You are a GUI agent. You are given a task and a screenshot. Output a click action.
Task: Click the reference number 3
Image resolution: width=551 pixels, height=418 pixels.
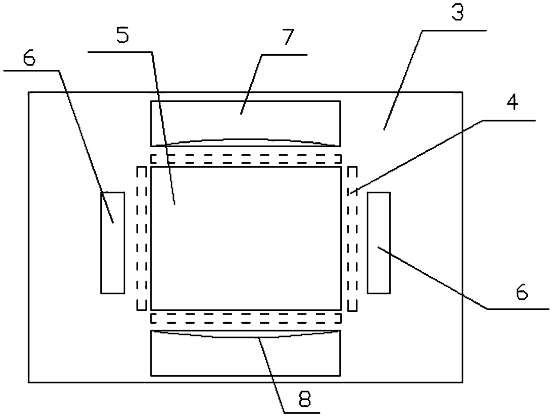click(458, 14)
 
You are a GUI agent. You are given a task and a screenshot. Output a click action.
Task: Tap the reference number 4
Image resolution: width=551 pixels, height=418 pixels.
click(512, 103)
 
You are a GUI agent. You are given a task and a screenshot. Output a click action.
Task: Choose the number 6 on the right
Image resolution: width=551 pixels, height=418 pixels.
click(522, 293)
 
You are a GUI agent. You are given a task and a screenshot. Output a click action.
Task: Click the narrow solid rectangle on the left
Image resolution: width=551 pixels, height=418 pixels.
click(112, 242)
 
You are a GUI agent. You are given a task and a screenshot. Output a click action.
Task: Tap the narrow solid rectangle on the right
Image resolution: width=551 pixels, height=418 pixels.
click(379, 242)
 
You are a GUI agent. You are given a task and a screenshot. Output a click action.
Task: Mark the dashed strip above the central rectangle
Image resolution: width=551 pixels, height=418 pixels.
click(246, 159)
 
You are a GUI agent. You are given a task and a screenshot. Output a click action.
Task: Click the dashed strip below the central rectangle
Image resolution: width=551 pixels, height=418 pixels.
click(246, 318)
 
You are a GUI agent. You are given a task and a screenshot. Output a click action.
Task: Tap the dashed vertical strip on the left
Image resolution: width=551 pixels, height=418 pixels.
click(142, 238)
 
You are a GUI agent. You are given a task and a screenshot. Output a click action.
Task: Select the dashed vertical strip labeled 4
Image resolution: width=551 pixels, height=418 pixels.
click(352, 238)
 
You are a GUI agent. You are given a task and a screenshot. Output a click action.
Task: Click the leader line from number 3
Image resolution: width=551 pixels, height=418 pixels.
click(402, 80)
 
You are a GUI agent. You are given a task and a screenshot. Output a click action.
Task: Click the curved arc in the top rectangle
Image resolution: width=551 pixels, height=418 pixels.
click(246, 140)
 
